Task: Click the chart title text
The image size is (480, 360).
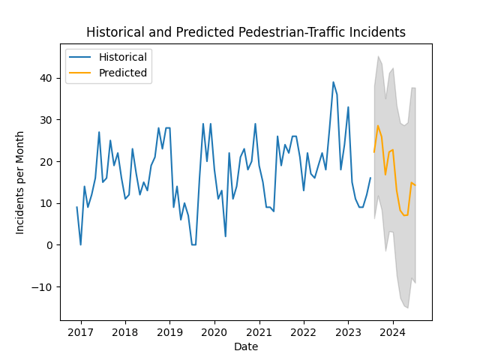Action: pyautogui.click(x=246, y=33)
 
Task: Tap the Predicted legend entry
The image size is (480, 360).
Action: pyautogui.click(x=123, y=73)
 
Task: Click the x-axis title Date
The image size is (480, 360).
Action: pyautogui.click(x=246, y=346)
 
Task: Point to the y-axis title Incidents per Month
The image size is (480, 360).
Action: pyautogui.click(x=20, y=182)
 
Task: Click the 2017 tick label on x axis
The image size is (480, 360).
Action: pyautogui.click(x=80, y=331)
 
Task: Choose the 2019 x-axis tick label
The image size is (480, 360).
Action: pyautogui.click(x=169, y=331)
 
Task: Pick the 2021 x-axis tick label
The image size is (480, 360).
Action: pyautogui.click(x=259, y=331)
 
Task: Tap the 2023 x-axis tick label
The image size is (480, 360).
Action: pyautogui.click(x=348, y=331)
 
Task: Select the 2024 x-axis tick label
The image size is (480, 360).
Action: pyautogui.click(x=392, y=331)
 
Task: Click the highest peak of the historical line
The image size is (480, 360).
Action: pyautogui.click(x=333, y=82)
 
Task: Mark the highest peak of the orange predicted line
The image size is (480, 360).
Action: pyautogui.click(x=378, y=126)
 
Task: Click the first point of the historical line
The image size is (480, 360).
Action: pyautogui.click(x=76, y=208)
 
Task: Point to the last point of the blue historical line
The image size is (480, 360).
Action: pyautogui.click(x=370, y=178)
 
